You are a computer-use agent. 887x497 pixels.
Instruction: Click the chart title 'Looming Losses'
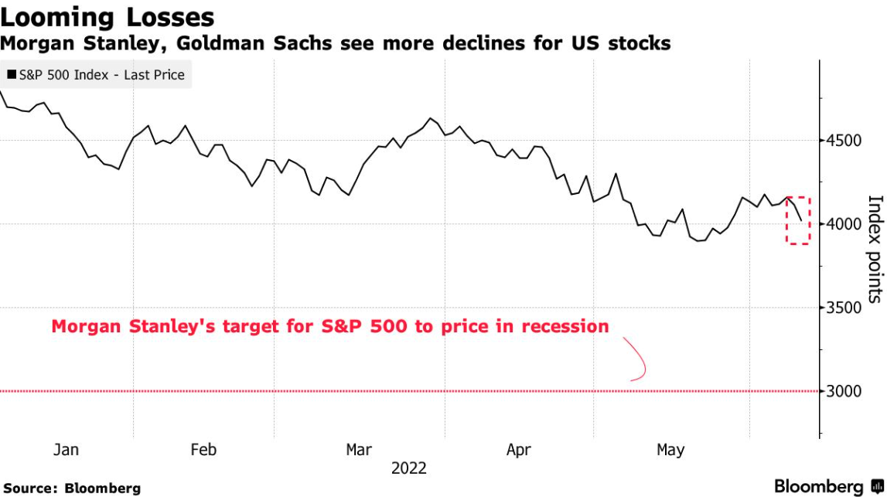coord(107,17)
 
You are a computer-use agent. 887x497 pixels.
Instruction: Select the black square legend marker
coord(12,75)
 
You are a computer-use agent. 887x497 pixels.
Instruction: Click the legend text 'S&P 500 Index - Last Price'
coord(101,75)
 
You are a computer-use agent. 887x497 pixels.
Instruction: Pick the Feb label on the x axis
coord(203,450)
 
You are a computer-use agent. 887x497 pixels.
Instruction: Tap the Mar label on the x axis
coord(359,450)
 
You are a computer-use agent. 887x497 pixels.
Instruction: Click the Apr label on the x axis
coord(518,450)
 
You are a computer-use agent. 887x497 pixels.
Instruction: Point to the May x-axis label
coord(670,450)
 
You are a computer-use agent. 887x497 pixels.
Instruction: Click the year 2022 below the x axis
coord(408,468)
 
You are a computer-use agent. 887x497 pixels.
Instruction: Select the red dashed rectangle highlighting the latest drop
coord(799,221)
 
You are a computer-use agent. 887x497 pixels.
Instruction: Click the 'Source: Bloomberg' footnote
coord(71,488)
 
